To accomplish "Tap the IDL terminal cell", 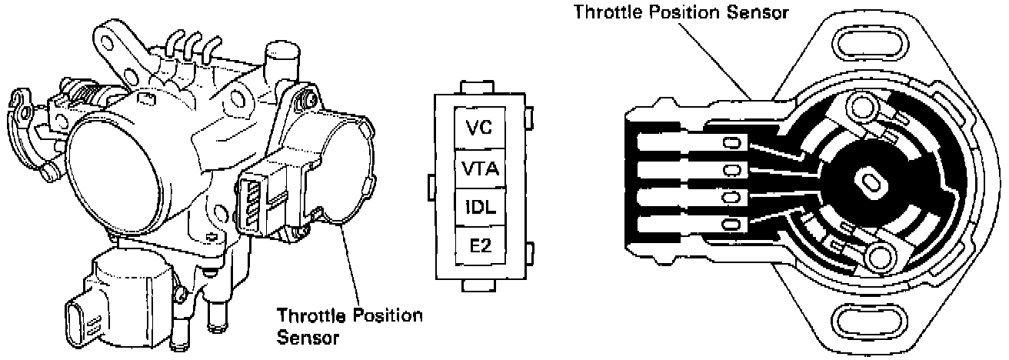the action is click(478, 206).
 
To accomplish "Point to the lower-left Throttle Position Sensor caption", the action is click(349, 325).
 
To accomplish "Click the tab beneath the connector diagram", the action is click(478, 284).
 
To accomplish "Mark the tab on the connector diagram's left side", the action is click(431, 185).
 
